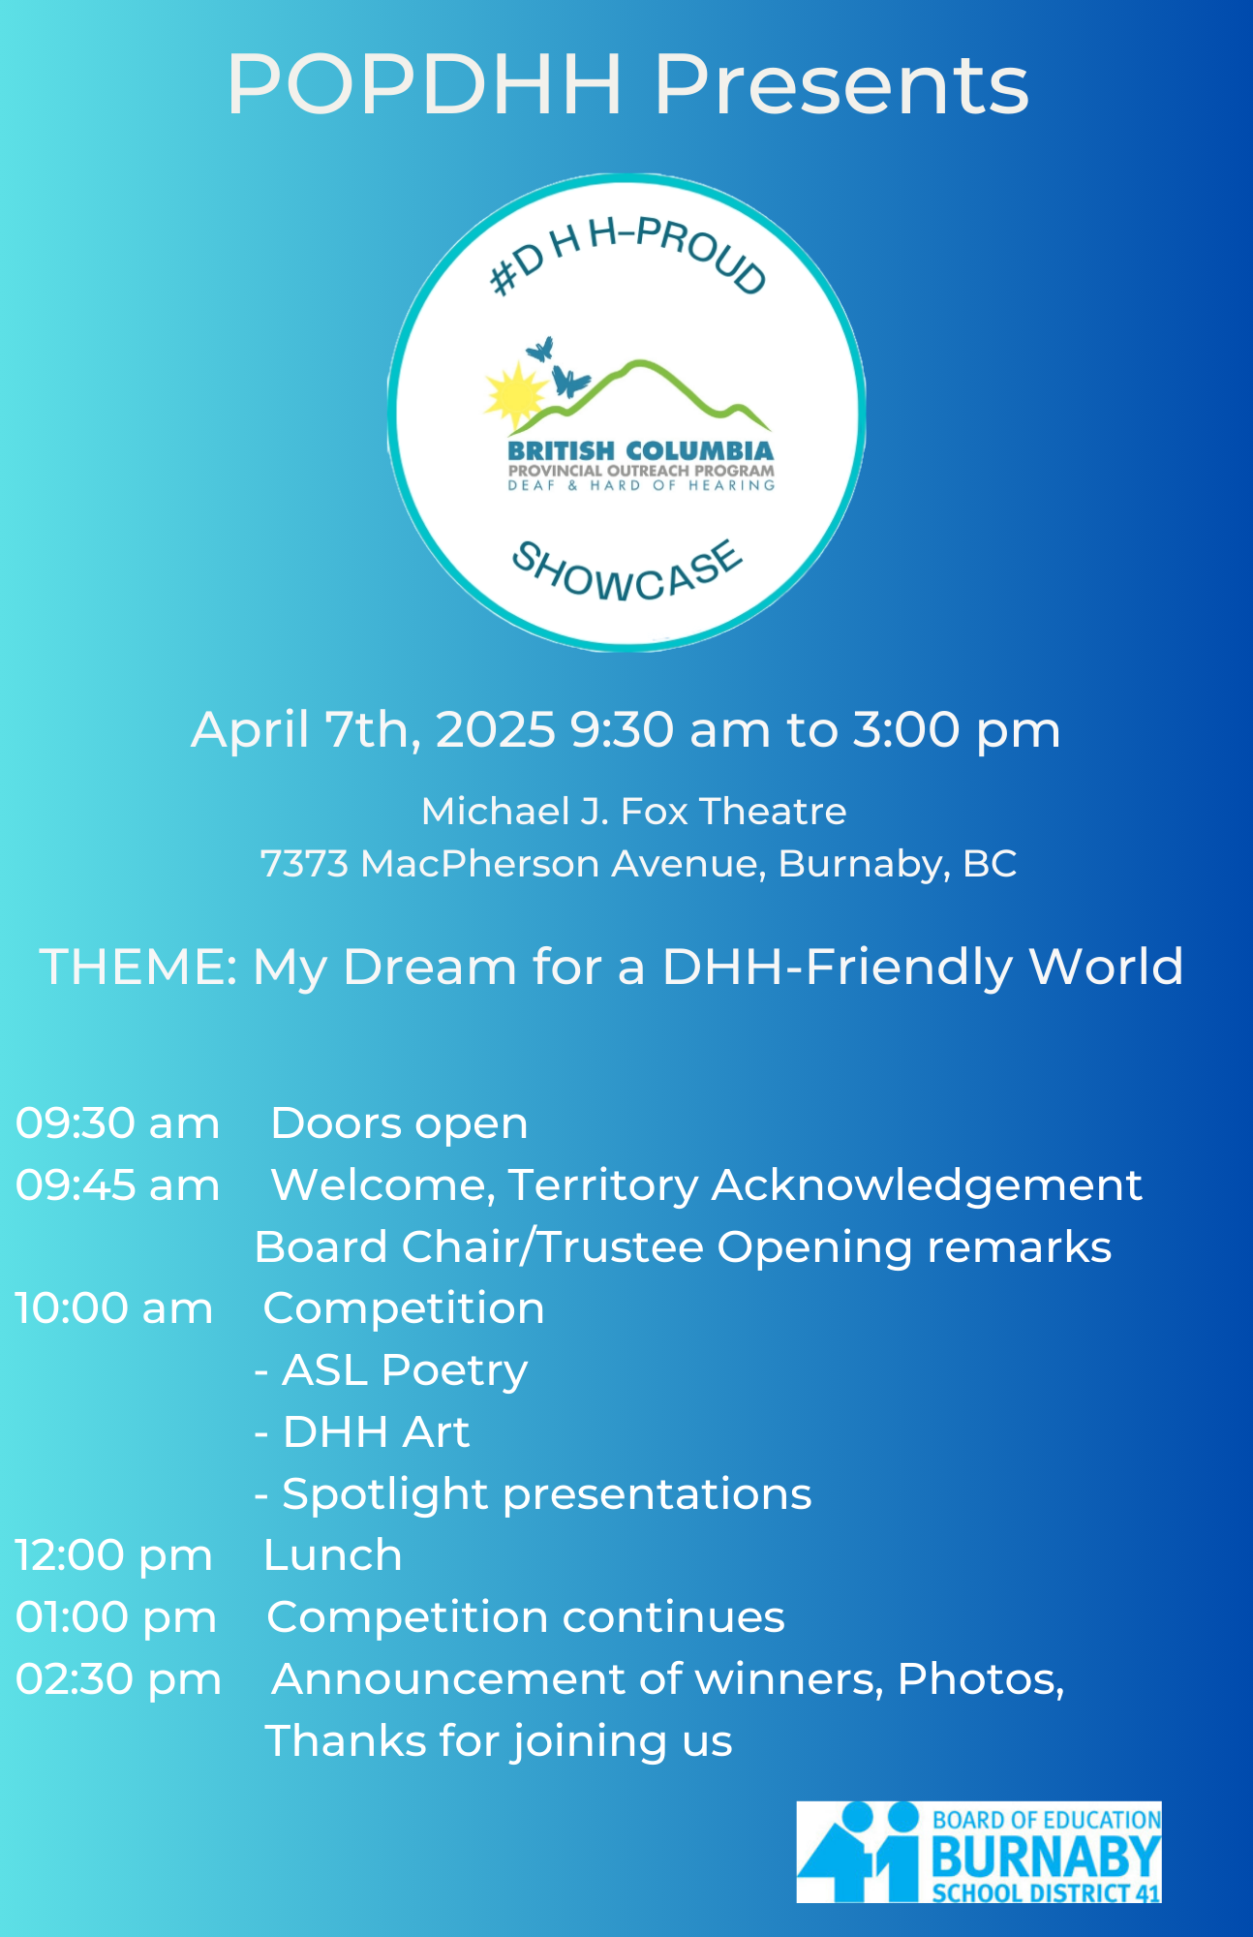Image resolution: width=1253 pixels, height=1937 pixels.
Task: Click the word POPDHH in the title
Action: click(425, 84)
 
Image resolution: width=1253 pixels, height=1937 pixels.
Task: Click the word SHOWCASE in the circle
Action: click(626, 572)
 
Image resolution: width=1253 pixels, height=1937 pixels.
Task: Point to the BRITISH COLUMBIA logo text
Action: click(641, 450)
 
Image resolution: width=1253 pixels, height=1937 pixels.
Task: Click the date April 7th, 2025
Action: click(374, 730)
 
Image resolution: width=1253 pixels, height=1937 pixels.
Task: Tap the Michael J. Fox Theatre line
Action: click(634, 812)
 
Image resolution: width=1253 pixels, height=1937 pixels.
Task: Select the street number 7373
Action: click(304, 864)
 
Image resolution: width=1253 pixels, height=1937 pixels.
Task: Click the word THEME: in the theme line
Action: click(138, 967)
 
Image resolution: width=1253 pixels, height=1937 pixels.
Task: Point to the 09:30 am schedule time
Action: click(117, 1123)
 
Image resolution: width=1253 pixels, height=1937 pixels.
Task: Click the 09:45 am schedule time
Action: click(117, 1185)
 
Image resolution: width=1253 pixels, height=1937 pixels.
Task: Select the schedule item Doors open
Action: click(400, 1124)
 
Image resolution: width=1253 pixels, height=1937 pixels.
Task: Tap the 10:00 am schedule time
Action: click(113, 1308)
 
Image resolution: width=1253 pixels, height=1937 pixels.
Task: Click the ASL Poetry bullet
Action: click(391, 1370)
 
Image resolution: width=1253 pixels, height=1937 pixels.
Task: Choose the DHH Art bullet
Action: click(362, 1432)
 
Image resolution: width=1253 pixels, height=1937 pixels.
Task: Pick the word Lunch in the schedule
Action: click(332, 1555)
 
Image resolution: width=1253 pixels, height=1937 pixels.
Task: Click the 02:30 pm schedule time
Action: click(118, 1679)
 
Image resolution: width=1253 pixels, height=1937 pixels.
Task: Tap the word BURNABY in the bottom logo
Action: click(1046, 1858)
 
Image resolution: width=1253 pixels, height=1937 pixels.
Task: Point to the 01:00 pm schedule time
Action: click(115, 1617)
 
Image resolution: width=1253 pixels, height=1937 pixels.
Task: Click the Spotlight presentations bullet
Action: click(534, 1494)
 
